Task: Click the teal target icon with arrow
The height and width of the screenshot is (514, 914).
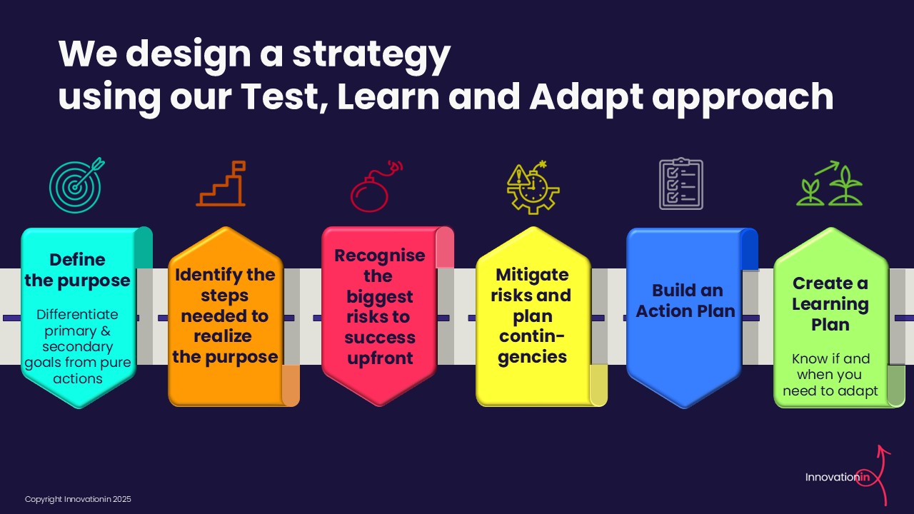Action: click(75, 186)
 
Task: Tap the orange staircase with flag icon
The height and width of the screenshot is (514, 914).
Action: click(221, 183)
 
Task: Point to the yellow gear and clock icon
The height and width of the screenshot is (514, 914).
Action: click(533, 187)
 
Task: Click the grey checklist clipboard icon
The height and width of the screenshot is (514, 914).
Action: click(681, 184)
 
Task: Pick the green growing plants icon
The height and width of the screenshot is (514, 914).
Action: click(829, 183)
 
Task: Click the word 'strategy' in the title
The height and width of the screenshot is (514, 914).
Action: click(371, 55)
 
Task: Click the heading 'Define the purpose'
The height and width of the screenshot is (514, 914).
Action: click(78, 270)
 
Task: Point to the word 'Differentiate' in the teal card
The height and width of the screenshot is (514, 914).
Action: click(77, 314)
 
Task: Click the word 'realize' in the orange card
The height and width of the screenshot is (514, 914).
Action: click(222, 336)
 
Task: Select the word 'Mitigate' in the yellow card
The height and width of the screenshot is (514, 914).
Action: click(532, 275)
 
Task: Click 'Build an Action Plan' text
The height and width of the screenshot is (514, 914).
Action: click(685, 301)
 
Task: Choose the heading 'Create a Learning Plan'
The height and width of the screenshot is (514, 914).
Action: click(830, 304)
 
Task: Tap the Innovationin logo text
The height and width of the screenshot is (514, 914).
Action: click(838, 477)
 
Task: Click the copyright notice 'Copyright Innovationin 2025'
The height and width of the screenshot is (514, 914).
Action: click(78, 499)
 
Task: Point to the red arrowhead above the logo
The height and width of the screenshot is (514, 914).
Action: click(883, 450)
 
